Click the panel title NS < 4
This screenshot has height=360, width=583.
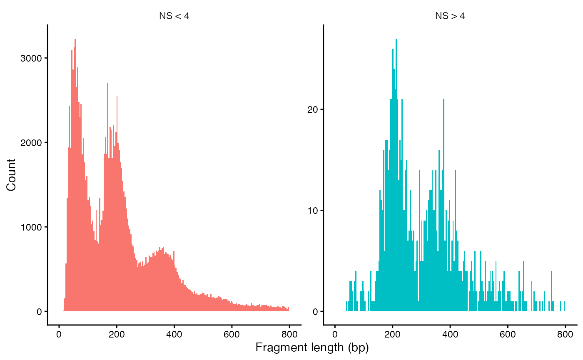tap(174, 16)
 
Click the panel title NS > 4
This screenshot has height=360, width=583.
tap(450, 16)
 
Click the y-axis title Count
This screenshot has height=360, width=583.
tap(11, 175)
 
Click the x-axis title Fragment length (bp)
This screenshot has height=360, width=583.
tap(312, 348)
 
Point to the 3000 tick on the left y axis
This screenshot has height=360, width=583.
tap(31, 58)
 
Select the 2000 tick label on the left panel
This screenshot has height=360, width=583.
tap(31, 143)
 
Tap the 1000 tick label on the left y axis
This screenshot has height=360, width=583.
tap(31, 227)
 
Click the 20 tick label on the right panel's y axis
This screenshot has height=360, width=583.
tap(313, 109)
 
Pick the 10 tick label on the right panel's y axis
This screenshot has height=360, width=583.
tap(313, 211)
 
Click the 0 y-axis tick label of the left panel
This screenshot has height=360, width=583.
tap(39, 312)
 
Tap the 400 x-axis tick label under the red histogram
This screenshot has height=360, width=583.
tap(174, 333)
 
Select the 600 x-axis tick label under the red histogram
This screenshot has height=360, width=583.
tap(232, 333)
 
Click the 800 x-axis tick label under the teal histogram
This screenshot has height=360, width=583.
tap(565, 333)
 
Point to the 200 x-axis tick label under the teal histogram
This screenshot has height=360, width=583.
tap(392, 333)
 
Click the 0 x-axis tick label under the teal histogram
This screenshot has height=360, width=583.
tap(335, 333)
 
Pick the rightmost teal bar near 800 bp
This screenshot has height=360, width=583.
tap(564, 306)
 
